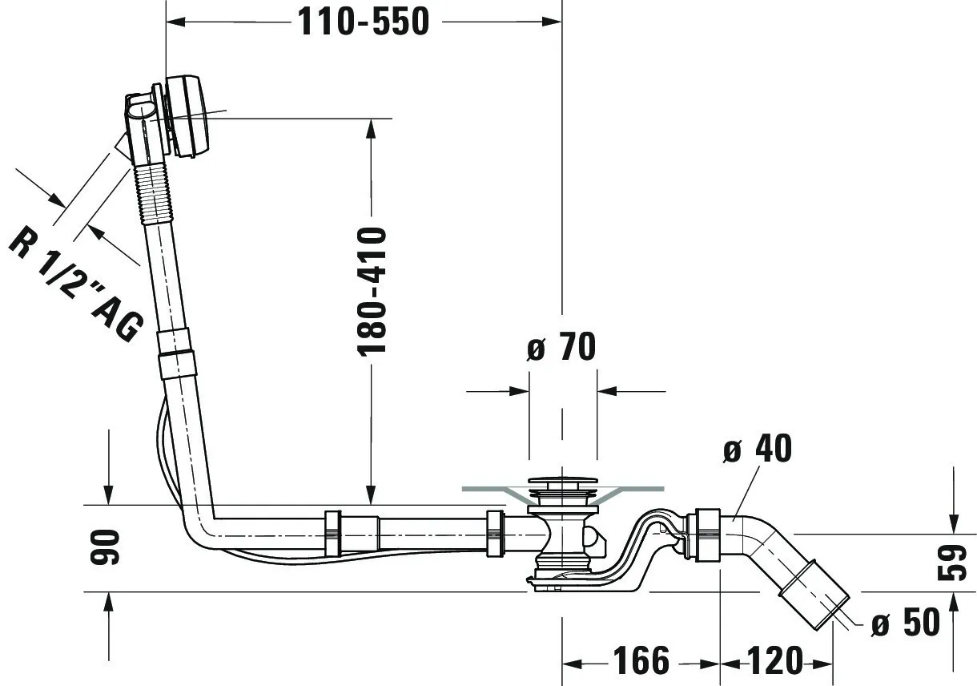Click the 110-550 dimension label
[364, 22]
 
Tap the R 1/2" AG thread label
[77, 284]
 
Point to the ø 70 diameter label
[561, 346]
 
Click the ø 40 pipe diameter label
[758, 448]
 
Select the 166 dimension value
[641, 660]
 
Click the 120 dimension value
[775, 660]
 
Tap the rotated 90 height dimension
[105, 547]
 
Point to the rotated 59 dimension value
[951, 563]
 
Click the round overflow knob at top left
[187, 115]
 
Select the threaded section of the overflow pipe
[153, 193]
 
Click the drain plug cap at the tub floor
[563, 482]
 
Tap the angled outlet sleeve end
[814, 594]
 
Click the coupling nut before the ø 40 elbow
[703, 535]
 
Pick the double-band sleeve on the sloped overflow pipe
[175, 353]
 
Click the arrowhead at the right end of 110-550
[551, 22]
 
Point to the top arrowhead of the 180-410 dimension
[371, 128]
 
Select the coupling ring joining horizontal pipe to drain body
[496, 533]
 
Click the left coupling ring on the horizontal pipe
[332, 533]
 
